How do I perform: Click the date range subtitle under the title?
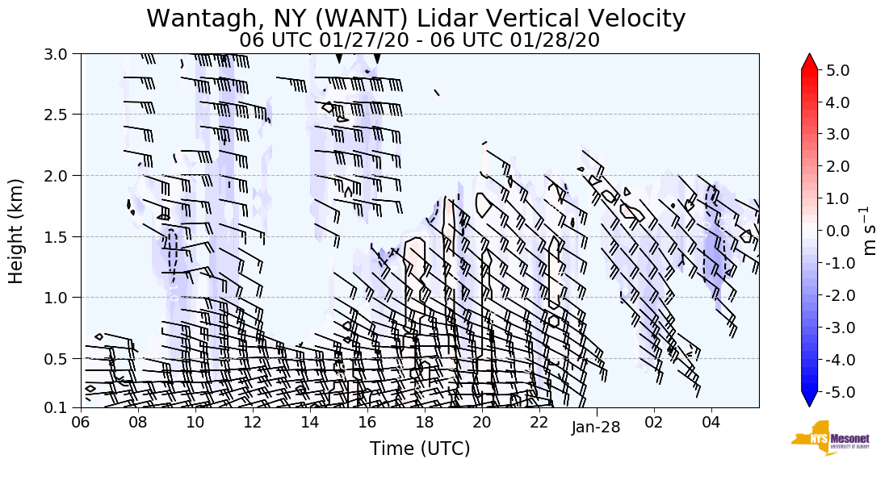pyautogui.click(x=419, y=40)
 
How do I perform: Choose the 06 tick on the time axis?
pyautogui.click(x=81, y=422)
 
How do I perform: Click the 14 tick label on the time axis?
pyautogui.click(x=310, y=422)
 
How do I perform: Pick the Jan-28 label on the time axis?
pyautogui.click(x=595, y=427)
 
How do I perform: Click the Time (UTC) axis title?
pyautogui.click(x=420, y=449)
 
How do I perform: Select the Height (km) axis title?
pyautogui.click(x=16, y=231)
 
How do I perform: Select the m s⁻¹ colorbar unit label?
pyautogui.click(x=871, y=231)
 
